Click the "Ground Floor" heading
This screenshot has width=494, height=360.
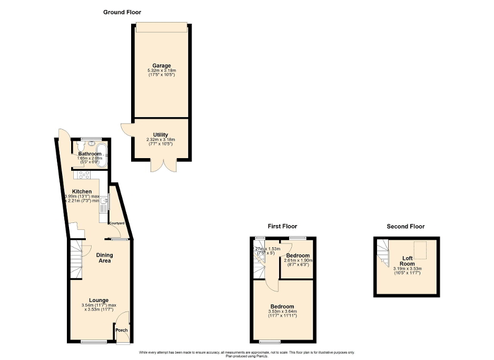(122, 12)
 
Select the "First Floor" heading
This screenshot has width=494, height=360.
(282, 226)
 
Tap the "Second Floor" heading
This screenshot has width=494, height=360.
(406, 226)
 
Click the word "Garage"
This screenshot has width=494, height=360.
(161, 66)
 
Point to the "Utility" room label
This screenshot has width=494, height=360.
(161, 135)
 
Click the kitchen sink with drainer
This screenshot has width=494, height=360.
(103, 202)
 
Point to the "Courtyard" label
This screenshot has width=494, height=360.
(117, 223)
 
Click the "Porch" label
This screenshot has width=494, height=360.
(122, 330)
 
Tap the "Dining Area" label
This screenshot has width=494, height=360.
(104, 258)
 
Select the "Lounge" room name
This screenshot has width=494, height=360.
(98, 300)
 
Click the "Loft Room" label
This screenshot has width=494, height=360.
(407, 261)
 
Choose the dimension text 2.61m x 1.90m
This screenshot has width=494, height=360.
(298, 260)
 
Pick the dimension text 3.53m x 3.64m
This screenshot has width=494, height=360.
(282, 312)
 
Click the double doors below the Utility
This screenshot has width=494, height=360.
(160, 166)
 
